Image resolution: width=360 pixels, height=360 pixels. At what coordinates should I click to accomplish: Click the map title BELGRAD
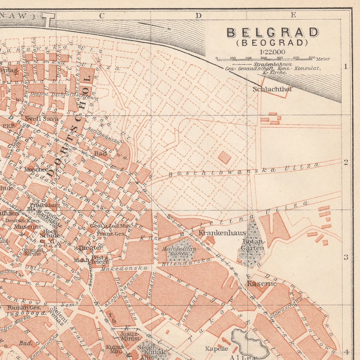[x=273, y=33]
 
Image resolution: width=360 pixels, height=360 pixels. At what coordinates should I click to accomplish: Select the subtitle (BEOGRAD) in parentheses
[x=273, y=42]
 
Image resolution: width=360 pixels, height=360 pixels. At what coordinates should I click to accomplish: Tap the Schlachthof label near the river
[x=272, y=89]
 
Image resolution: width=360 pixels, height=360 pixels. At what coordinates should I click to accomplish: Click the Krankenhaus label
[x=222, y=233]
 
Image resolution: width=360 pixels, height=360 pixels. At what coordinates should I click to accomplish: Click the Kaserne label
[x=261, y=283]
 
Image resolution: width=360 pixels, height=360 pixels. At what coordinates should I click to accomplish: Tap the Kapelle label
[x=216, y=348]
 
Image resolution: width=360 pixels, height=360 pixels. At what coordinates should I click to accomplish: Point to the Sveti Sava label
[x=42, y=119]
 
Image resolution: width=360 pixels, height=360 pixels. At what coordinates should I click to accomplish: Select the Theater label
[x=90, y=248]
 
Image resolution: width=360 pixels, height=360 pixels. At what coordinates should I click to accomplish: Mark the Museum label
[x=27, y=227]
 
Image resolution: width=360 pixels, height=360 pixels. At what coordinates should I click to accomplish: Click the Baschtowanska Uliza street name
[x=244, y=169]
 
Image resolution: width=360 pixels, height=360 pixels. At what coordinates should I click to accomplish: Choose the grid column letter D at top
[x=198, y=15]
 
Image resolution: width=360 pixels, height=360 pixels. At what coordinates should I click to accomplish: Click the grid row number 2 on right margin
[x=346, y=162]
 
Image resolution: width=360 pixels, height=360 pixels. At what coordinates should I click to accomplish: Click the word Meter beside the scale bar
[x=323, y=59]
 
